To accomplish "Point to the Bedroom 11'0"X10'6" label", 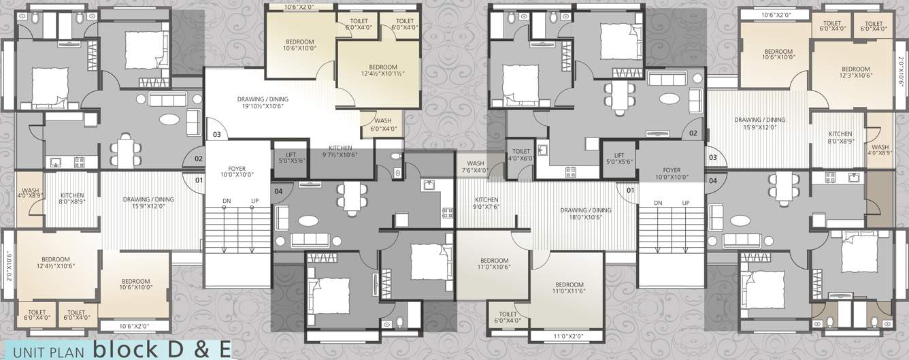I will pyautogui.click(x=493, y=264).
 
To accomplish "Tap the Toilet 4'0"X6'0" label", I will pyautogui.click(x=520, y=154).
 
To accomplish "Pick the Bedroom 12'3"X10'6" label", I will pyautogui.click(x=855, y=72).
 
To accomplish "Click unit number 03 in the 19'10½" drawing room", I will pyautogui.click(x=216, y=135).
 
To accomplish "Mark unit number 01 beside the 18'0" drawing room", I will pyautogui.click(x=630, y=189).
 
